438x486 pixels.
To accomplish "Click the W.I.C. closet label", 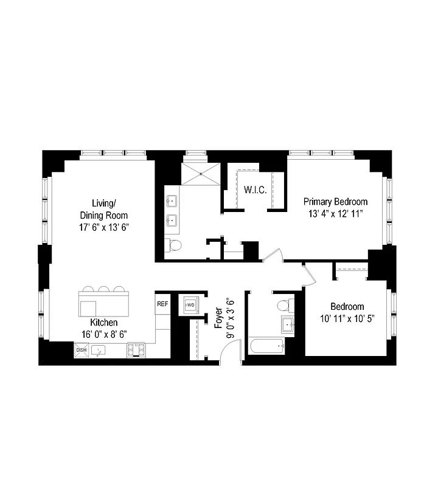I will point(255,190).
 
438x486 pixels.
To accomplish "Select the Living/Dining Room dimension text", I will point(104,227).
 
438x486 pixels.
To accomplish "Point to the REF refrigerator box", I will point(162,304).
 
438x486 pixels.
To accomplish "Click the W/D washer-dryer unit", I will point(190,305).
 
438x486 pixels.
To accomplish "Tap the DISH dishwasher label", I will point(82,350).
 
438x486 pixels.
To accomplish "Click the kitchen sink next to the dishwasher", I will point(98,351).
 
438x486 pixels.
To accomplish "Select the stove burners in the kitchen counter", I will point(136,350).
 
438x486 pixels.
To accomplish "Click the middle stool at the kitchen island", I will point(104,289).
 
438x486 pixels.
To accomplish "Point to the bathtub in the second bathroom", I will point(266,347).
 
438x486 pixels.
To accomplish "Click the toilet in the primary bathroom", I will point(175,245).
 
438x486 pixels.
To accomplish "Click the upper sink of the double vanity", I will point(172,200).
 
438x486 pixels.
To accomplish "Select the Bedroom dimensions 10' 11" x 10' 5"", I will point(347,317).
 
